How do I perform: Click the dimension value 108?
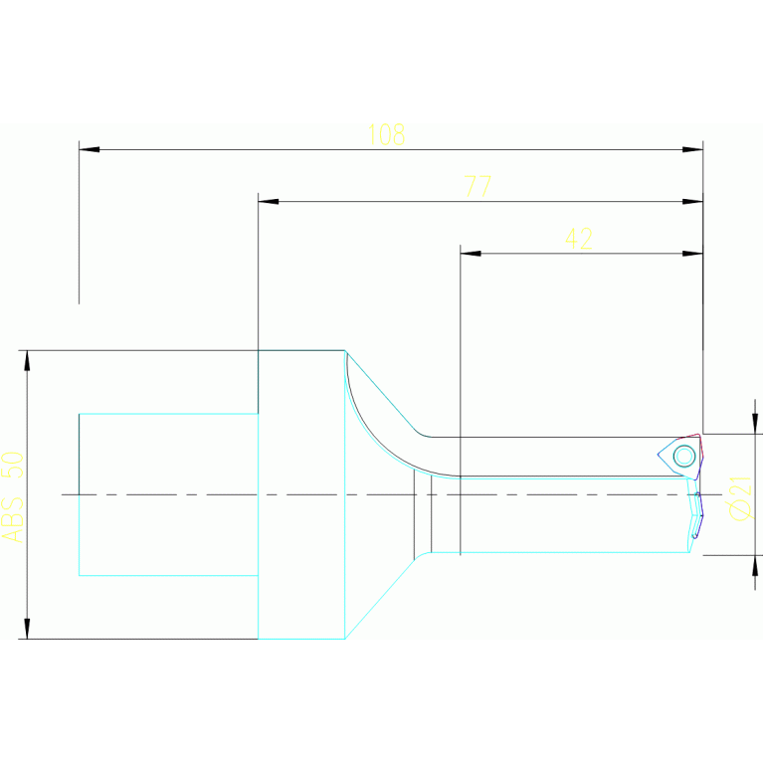click(x=386, y=135)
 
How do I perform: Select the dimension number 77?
click(x=478, y=187)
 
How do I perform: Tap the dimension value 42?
click(x=579, y=239)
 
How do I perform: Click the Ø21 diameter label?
click(x=740, y=497)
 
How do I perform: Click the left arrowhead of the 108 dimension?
click(x=89, y=149)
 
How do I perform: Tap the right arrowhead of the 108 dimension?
click(x=692, y=149)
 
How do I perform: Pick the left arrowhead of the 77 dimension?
click(x=269, y=201)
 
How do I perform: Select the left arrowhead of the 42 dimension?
click(x=471, y=253)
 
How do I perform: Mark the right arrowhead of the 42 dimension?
click(x=692, y=253)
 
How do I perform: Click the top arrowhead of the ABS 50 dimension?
click(x=27, y=360)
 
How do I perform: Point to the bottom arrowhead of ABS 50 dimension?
click(x=27, y=628)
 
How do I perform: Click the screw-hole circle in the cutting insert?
click(x=683, y=456)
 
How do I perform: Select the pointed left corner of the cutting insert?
click(x=659, y=455)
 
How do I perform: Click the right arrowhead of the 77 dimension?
click(x=692, y=201)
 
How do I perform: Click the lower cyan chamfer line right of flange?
click(x=380, y=594)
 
